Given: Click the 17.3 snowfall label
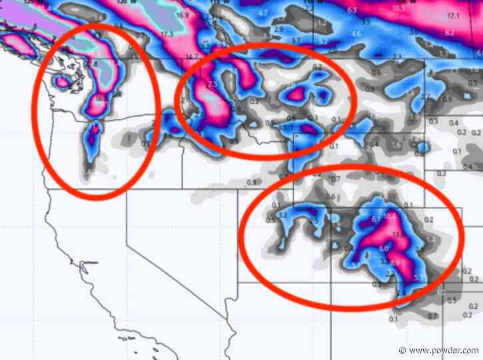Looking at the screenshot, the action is (x=167, y=33).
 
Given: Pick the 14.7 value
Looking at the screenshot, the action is (x=193, y=57).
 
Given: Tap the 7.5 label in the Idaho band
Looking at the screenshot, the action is (x=213, y=85).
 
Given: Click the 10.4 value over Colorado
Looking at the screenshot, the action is (x=390, y=217).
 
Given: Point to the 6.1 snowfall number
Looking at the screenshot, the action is (x=375, y=219).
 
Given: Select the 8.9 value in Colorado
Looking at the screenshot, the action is (x=395, y=263).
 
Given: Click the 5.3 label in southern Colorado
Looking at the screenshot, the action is (x=418, y=277).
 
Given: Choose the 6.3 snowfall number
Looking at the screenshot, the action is (x=352, y=11).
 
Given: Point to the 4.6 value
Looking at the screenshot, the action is (x=356, y=33).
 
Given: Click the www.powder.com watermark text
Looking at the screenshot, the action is (x=446, y=350).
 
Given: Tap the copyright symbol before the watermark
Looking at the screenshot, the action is (x=402, y=350).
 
